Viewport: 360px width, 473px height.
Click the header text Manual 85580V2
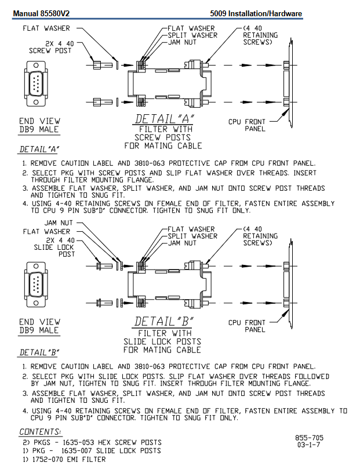point(41,13)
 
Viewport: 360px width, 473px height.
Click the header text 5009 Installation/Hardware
point(256,13)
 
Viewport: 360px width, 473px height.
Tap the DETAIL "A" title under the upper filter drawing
point(165,119)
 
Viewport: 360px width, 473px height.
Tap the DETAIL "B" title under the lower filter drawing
point(164,322)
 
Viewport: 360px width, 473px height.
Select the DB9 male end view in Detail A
point(36,83)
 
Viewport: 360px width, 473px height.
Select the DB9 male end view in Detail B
point(36,285)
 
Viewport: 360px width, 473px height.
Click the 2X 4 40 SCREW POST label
point(50,47)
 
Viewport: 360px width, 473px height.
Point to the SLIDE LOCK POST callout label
point(54,250)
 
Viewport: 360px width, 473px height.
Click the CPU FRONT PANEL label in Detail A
point(247,125)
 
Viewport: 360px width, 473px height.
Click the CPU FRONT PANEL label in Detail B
point(247,326)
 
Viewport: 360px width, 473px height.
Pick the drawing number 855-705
point(309,438)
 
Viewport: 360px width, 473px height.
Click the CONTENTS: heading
point(40,432)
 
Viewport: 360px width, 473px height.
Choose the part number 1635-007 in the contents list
point(77,451)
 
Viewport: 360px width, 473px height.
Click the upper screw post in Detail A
point(103,65)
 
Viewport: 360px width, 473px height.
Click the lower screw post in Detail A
point(103,102)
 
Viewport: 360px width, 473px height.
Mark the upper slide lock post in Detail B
point(104,266)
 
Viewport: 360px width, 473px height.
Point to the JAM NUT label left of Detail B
point(59,223)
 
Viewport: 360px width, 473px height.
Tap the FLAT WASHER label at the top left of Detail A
point(46,28)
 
